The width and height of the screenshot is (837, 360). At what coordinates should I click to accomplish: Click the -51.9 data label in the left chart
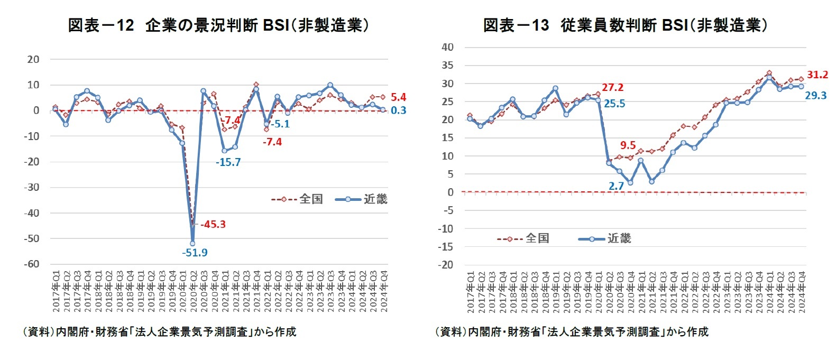pos(195,253)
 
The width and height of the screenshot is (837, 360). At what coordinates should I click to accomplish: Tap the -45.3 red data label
pos(213,224)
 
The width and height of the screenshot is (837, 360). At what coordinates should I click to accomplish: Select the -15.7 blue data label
pos(228,162)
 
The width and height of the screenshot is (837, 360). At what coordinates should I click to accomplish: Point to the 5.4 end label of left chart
pos(398,97)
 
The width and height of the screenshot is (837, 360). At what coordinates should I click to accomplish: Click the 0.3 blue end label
pos(398,110)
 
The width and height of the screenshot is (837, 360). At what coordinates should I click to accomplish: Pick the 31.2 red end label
pos(817,75)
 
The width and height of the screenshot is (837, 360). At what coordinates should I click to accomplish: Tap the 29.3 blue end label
pos(815,96)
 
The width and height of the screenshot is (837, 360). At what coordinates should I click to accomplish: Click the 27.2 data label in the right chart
pos(612,87)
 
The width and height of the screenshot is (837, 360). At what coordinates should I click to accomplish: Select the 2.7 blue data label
pos(616,186)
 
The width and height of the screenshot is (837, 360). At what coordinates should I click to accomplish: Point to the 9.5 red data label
pos(628,145)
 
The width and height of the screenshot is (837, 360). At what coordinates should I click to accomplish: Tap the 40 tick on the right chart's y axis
pos(447,47)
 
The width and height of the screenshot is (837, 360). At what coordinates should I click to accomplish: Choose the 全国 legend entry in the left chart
pos(298,199)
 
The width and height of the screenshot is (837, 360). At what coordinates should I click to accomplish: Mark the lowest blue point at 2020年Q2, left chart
pos(192,244)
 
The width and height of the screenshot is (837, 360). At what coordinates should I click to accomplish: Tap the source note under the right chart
pos(572,331)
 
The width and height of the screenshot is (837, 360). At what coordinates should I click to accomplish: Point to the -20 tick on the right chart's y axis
pos(447,265)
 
